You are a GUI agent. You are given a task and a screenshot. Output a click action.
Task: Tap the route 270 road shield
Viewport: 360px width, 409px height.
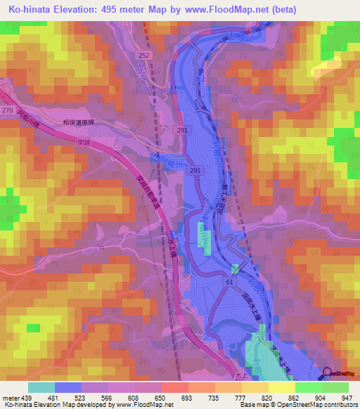point(8,110)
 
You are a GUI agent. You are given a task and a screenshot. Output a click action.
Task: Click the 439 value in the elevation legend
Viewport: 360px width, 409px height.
point(27,397)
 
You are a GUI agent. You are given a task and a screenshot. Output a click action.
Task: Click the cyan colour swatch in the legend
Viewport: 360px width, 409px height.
point(41,387)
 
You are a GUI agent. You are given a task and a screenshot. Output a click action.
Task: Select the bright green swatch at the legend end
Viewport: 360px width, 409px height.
point(335,387)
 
